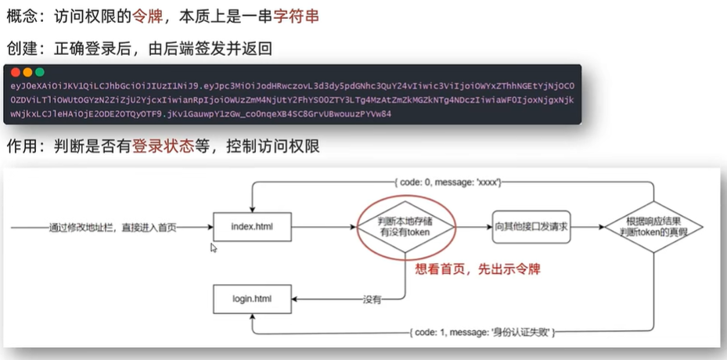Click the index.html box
click(251, 229)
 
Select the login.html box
click(251, 299)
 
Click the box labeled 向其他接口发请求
click(530, 228)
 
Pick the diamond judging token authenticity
click(653, 228)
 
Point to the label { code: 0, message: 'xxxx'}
click(448, 182)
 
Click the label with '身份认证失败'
click(482, 333)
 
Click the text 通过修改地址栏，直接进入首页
click(113, 229)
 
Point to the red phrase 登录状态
click(162, 146)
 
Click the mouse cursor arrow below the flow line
click(214, 248)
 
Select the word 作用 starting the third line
click(21, 146)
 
